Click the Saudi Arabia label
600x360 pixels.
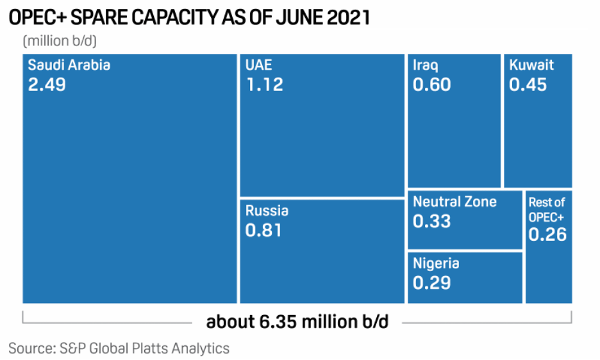[69, 65]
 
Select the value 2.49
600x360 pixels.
[47, 85]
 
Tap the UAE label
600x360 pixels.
[258, 65]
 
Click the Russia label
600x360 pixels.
[267, 211]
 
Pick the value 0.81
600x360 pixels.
[263, 230]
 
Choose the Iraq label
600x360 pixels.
[426, 65]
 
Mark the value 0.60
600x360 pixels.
[431, 85]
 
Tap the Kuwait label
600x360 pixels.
[531, 65]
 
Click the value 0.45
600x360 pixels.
[528, 85]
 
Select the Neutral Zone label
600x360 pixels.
[454, 202]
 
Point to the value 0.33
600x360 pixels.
[431, 222]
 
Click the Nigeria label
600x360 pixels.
[436, 263]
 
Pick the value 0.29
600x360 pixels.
[431, 282]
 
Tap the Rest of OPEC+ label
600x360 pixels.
[547, 209]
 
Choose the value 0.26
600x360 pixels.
[547, 234]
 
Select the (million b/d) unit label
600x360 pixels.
[59, 41]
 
